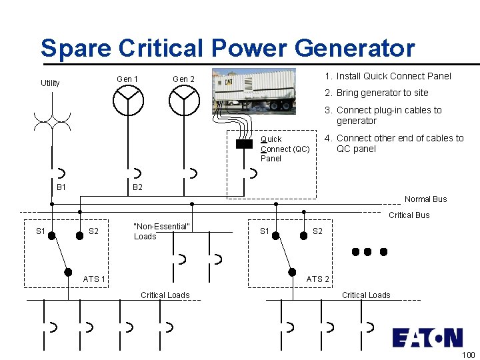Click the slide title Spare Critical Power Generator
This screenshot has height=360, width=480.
click(x=227, y=48)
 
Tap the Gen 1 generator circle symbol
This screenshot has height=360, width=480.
click(x=127, y=101)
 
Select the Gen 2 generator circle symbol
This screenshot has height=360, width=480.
click(x=183, y=101)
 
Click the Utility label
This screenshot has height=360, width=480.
click(x=50, y=83)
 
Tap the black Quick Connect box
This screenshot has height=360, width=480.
click(x=244, y=143)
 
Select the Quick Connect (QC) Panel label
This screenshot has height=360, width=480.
click(x=285, y=149)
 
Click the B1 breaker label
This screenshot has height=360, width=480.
click(x=61, y=187)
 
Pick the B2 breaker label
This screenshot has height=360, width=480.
click(x=137, y=187)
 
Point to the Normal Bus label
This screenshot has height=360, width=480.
click(x=426, y=199)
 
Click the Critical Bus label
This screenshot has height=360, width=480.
click(x=409, y=215)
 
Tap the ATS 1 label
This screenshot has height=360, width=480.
click(x=94, y=279)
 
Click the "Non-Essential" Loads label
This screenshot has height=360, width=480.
click(x=161, y=231)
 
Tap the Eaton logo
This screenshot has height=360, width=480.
click(x=427, y=337)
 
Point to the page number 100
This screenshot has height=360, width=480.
click(x=468, y=355)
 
